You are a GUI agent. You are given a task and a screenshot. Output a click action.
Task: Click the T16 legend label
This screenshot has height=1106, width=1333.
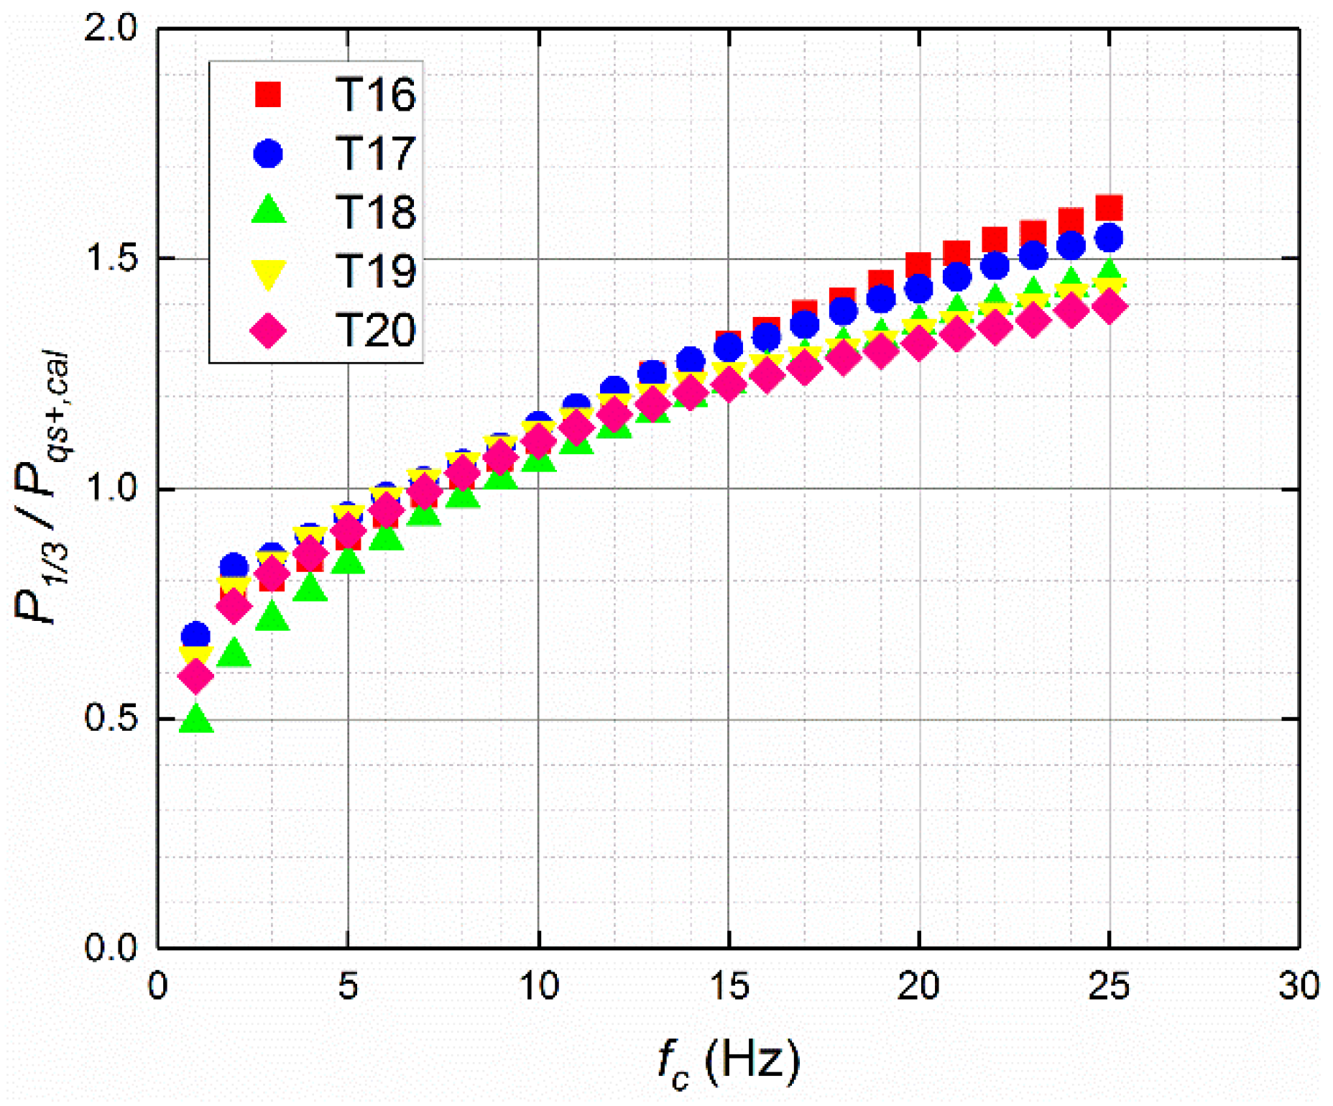tap(375, 94)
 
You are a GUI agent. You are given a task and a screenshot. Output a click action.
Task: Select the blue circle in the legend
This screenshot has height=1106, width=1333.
tap(268, 153)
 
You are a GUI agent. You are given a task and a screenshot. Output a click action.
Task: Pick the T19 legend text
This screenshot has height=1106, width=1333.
tap(375, 271)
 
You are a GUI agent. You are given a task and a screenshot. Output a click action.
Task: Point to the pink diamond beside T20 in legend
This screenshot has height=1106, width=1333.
tap(268, 331)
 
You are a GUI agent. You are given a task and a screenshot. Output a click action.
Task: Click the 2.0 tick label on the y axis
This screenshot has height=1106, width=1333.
tap(110, 29)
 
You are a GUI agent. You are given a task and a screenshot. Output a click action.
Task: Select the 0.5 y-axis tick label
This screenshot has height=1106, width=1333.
tap(110, 718)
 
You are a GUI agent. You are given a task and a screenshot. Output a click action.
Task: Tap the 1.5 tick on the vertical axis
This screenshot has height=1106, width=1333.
tap(110, 259)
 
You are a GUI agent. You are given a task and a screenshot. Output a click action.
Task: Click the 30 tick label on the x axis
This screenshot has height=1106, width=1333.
tap(1299, 986)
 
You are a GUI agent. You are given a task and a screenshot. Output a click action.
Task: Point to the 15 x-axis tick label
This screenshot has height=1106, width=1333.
tap(729, 986)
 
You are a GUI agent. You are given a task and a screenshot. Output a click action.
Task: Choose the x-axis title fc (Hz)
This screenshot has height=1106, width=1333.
tap(727, 1061)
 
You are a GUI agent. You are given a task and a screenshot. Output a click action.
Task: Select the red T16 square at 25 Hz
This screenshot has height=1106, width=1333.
tap(1110, 207)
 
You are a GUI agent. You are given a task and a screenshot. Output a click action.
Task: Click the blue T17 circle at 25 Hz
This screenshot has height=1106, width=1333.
tap(1109, 237)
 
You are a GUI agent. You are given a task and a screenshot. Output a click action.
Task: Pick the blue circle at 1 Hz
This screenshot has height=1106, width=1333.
tap(195, 635)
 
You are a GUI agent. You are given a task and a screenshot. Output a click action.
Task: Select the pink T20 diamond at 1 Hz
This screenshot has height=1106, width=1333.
tap(195, 676)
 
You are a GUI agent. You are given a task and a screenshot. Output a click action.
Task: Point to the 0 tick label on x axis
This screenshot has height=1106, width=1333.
tap(158, 986)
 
